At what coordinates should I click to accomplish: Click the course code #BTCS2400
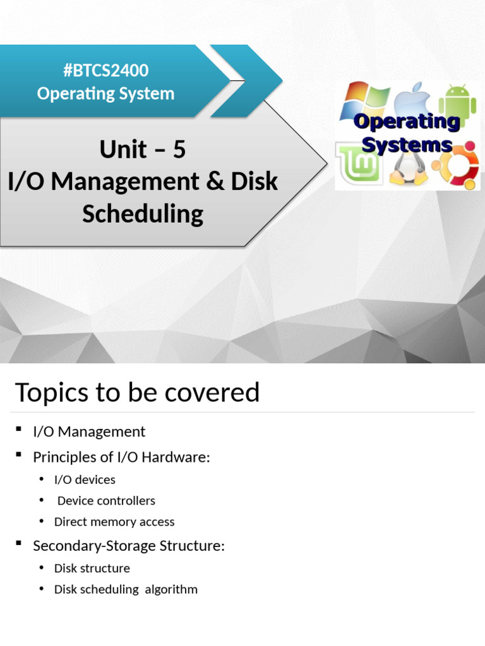105,70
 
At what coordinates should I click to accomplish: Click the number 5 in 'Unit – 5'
179,150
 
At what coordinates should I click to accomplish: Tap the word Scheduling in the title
143,213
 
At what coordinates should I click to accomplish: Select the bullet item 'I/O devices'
85,479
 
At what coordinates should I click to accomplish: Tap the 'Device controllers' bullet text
106,501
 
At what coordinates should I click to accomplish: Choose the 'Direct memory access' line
114,522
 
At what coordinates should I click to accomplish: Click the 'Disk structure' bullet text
92,568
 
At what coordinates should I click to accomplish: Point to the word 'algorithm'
171,589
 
